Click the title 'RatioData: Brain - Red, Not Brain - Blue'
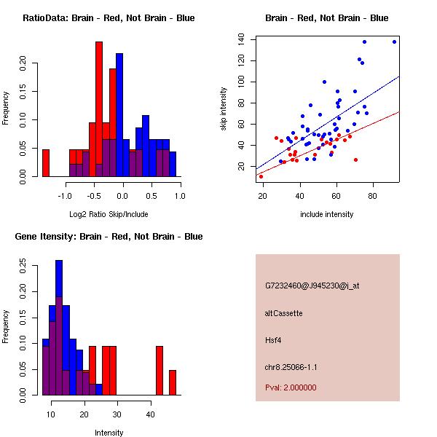click(x=109, y=18)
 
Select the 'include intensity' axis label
click(x=327, y=214)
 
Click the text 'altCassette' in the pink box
click(x=283, y=313)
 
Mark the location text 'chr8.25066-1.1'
click(x=291, y=367)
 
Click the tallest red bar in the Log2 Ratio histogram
click(x=99, y=109)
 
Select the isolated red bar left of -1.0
click(x=46, y=162)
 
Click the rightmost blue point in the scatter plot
click(x=394, y=42)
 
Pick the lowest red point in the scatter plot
click(x=261, y=176)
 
